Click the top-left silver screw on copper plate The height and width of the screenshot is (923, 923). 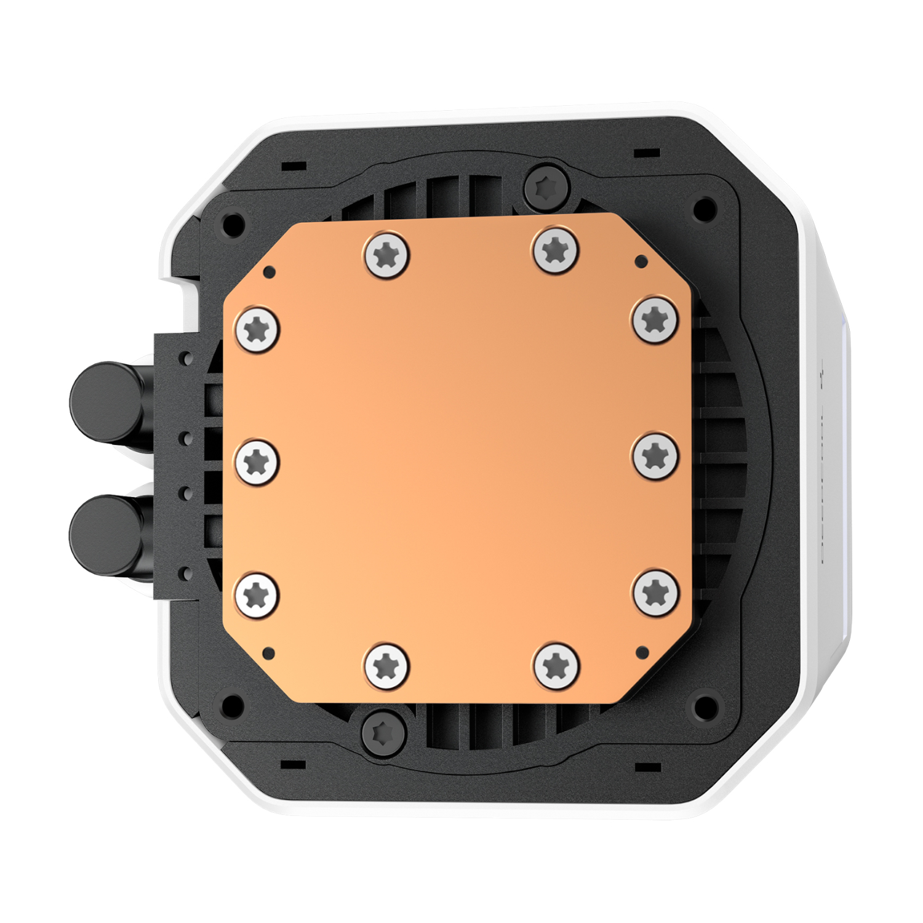(x=386, y=253)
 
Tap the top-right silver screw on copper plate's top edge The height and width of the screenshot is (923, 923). (x=556, y=249)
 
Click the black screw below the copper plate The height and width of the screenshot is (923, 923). (x=384, y=733)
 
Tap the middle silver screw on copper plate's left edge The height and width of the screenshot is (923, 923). (x=257, y=461)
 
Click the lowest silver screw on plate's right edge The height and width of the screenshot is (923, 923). (x=656, y=592)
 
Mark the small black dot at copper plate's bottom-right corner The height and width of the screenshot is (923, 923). (x=643, y=651)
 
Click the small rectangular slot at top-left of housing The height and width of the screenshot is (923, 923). (x=294, y=166)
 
